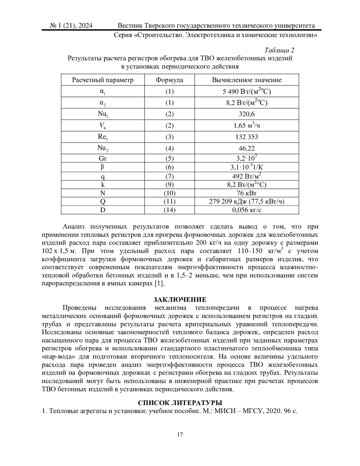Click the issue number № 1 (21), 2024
71,26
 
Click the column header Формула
169,80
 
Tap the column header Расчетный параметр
103,80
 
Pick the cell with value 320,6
247,114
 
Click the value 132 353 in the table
247,137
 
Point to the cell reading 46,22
247,148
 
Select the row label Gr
103,158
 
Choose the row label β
103,167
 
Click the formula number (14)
169,210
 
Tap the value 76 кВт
247,193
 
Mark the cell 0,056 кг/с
247,210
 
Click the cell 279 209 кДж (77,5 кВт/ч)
247,201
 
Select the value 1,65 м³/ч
247,125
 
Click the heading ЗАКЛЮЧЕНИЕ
180,299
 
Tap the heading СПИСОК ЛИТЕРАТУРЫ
180,403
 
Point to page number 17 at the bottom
180,434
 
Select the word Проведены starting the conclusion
79,308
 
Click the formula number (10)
169,193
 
